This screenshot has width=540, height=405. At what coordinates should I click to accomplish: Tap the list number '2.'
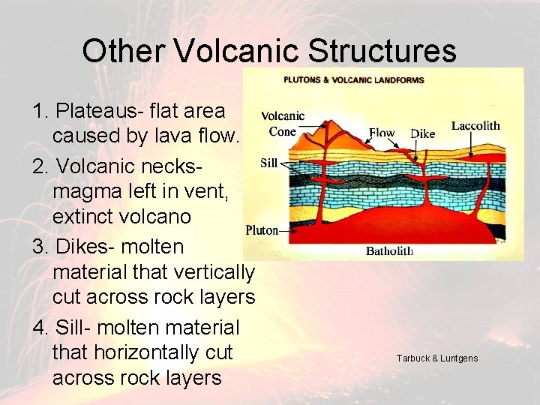pos(41,164)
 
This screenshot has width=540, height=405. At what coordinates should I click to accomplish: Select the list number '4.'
pos(41,328)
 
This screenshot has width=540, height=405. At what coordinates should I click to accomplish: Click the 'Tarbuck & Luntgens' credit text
pos(437,358)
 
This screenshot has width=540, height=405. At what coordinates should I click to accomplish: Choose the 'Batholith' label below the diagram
pos(389,251)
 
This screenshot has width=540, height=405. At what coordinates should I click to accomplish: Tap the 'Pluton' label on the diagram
pos(262,230)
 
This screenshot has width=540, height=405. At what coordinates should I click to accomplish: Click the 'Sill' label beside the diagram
pos(269,162)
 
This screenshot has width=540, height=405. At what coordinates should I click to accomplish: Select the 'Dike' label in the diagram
pos(422,134)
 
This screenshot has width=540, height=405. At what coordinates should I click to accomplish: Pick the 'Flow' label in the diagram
pos(382,133)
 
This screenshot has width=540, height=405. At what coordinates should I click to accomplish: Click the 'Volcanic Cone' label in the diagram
pos(283,123)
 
